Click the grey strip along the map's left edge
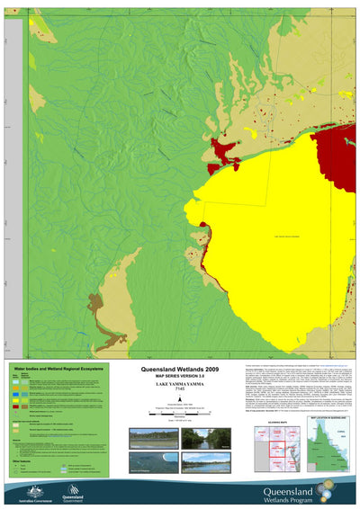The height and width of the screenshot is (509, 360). [x=13, y=180]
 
